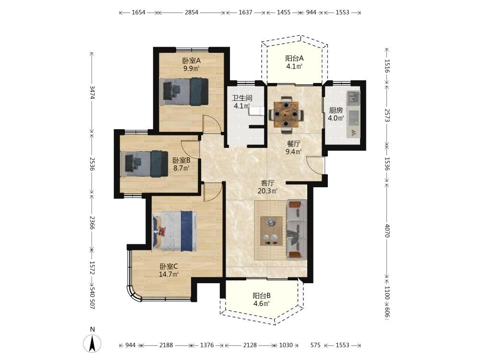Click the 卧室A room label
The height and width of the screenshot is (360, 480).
[x=192, y=60]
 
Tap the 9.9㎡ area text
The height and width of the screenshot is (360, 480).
[x=192, y=68]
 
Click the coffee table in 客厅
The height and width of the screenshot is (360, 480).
[x=271, y=231]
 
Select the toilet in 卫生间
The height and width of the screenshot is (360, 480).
[x=256, y=111]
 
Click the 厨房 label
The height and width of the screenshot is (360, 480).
[x=336, y=110]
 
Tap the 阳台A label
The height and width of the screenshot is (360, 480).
[x=294, y=58]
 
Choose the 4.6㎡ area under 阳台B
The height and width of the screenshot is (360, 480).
[x=262, y=304]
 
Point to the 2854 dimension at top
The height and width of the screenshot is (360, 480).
[x=192, y=12]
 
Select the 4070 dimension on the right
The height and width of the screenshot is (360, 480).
[x=387, y=230]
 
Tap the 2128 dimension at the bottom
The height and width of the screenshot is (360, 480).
[x=250, y=345]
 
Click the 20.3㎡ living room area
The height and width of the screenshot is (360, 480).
[x=267, y=191]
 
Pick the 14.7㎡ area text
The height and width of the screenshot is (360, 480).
[x=168, y=274]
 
